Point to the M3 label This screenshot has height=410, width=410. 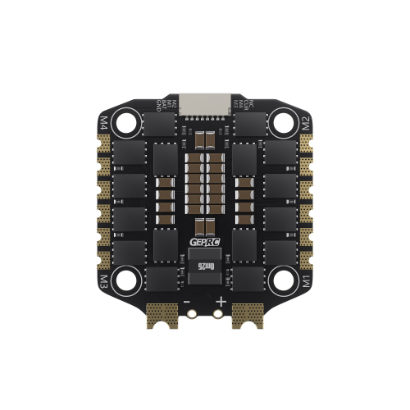click(103, 282)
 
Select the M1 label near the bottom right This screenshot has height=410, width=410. click(307, 282)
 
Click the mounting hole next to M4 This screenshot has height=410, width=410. click(126, 123)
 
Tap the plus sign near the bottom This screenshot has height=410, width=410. click(221, 301)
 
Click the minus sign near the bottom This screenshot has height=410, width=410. click(189, 301)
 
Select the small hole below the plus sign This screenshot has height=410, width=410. click(219, 313)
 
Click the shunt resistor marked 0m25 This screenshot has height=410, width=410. click(204, 266)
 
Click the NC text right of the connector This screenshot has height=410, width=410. click(252, 104)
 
